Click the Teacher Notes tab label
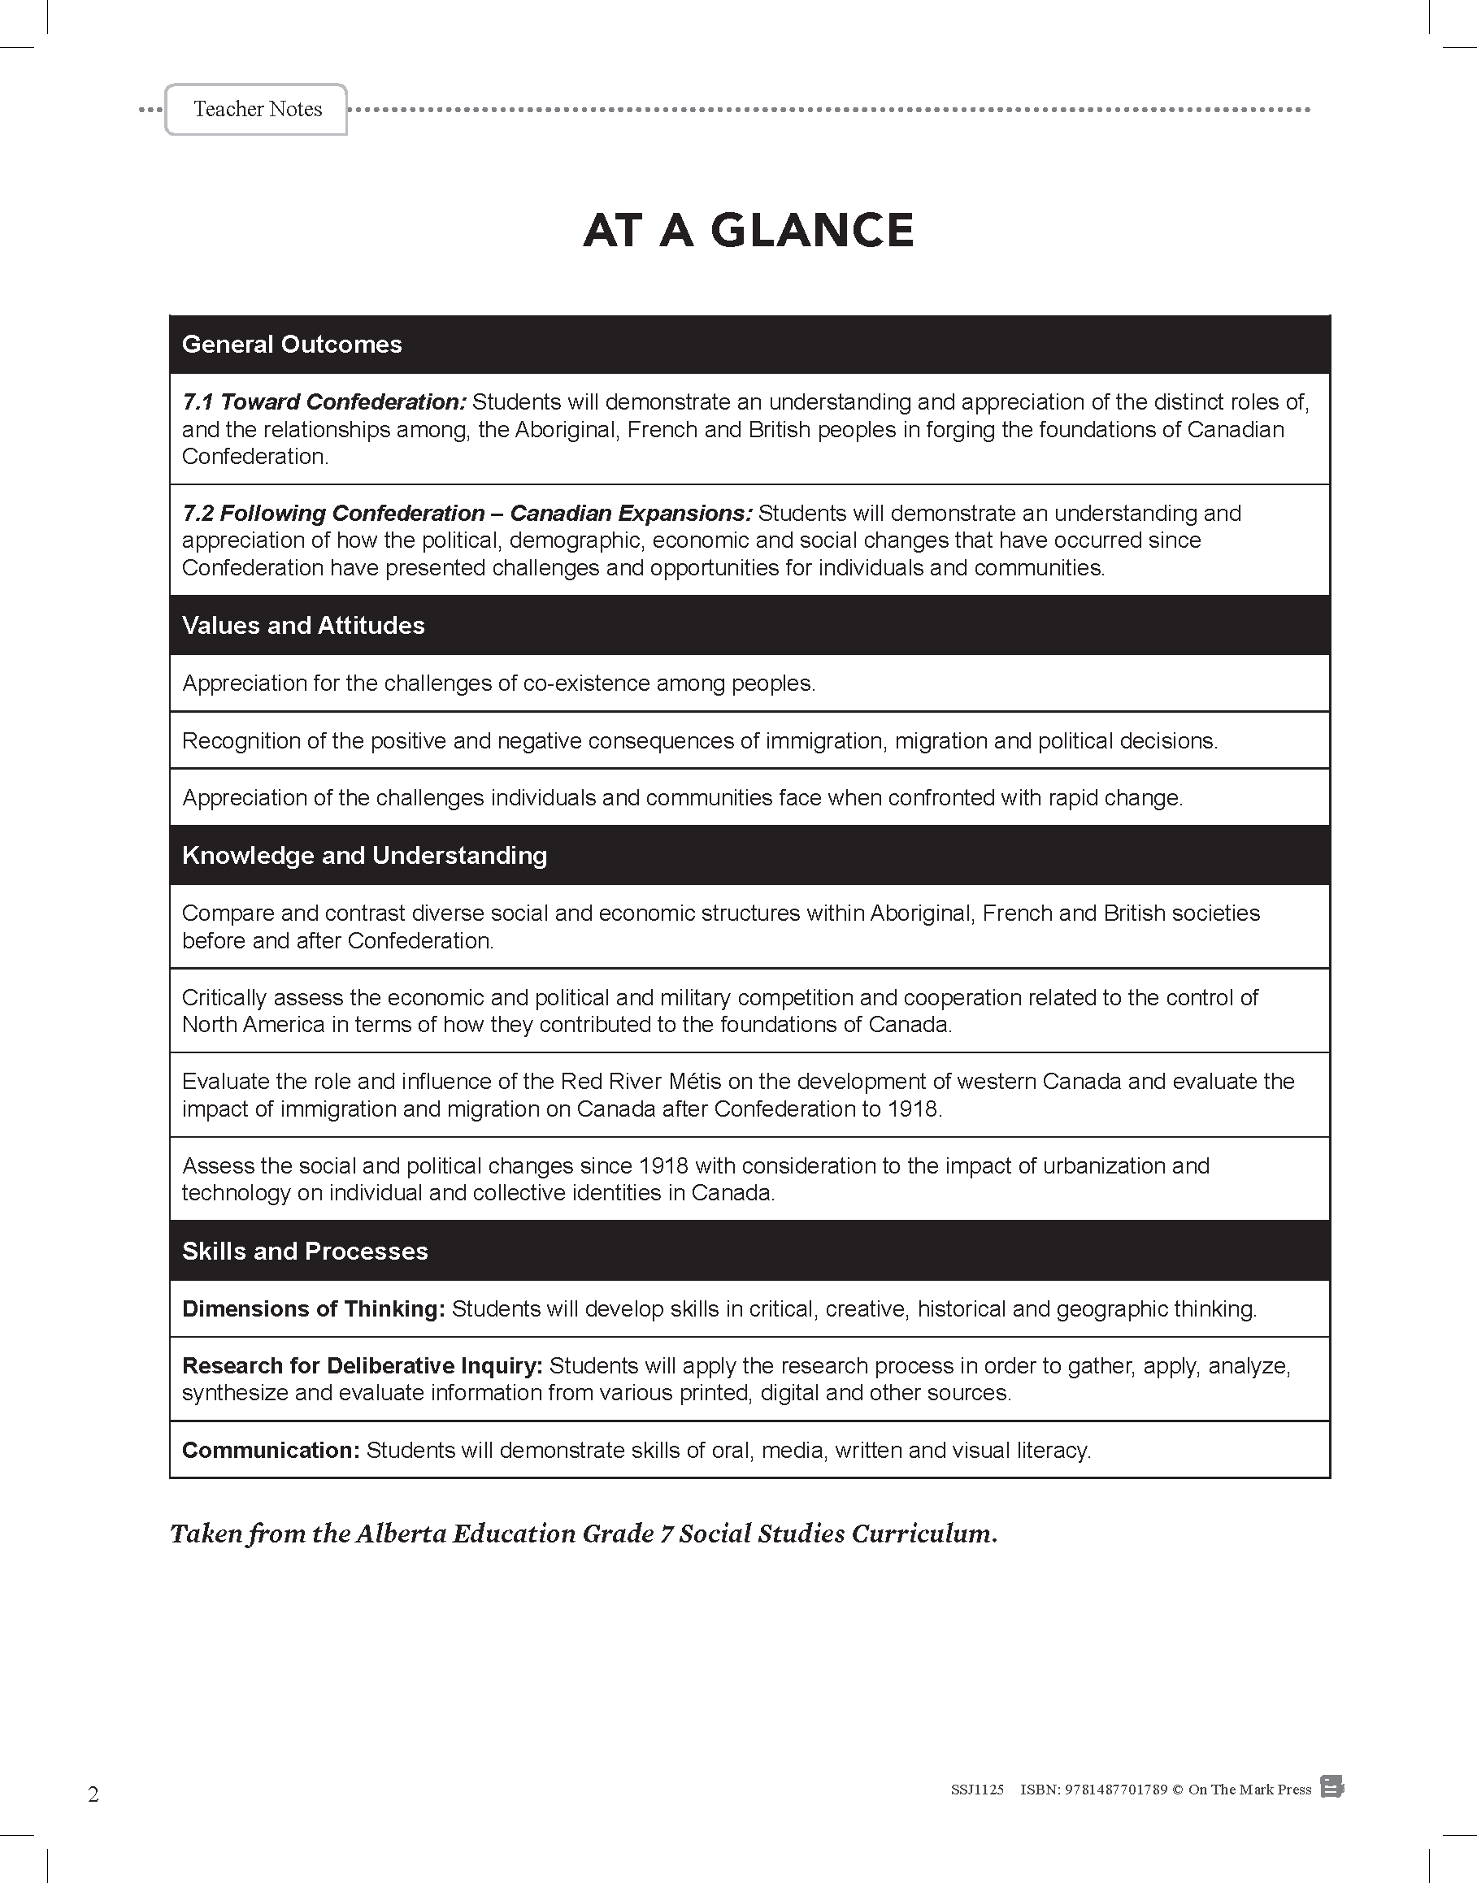tap(258, 109)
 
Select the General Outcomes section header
tap(292, 344)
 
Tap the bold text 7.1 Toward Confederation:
tap(324, 402)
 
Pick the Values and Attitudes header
tap(302, 625)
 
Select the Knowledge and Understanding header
tap(364, 855)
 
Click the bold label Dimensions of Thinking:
tap(313, 1309)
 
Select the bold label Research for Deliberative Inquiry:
tap(362, 1366)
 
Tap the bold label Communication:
tap(271, 1450)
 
